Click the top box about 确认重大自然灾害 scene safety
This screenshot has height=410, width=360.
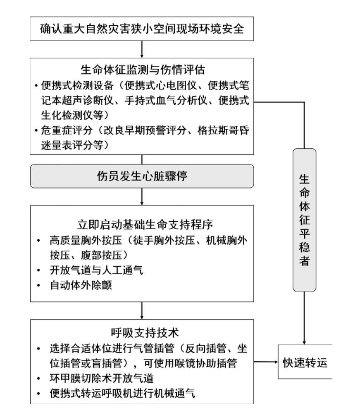141,30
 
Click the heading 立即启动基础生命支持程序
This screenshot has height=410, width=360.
142,226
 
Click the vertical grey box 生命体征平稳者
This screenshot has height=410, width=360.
304,219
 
